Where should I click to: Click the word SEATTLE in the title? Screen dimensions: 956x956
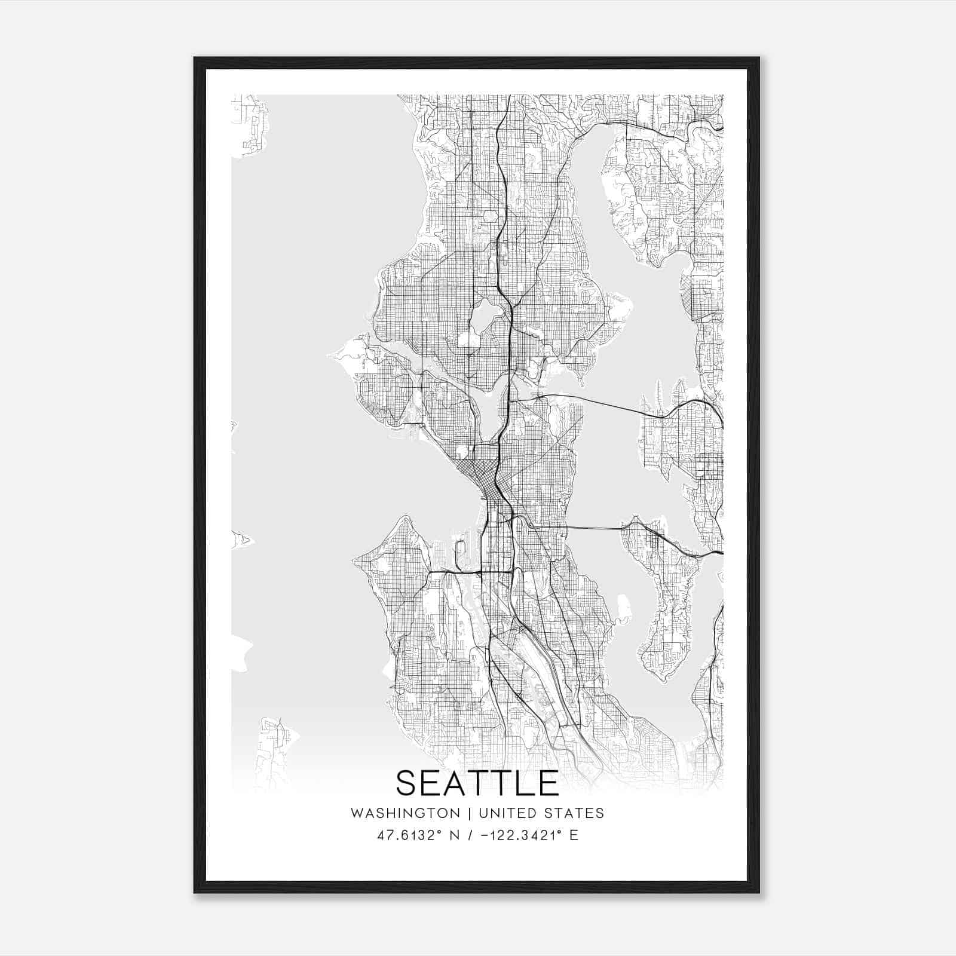point(477,783)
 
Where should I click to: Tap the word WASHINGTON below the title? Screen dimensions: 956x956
point(405,813)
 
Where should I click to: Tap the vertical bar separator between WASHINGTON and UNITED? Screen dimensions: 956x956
point(470,813)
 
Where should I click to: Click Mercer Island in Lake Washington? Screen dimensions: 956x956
point(663,603)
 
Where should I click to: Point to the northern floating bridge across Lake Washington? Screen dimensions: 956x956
point(603,403)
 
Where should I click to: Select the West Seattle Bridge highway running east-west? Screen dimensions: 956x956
point(466,572)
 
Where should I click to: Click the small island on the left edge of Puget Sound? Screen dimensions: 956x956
point(242,540)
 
